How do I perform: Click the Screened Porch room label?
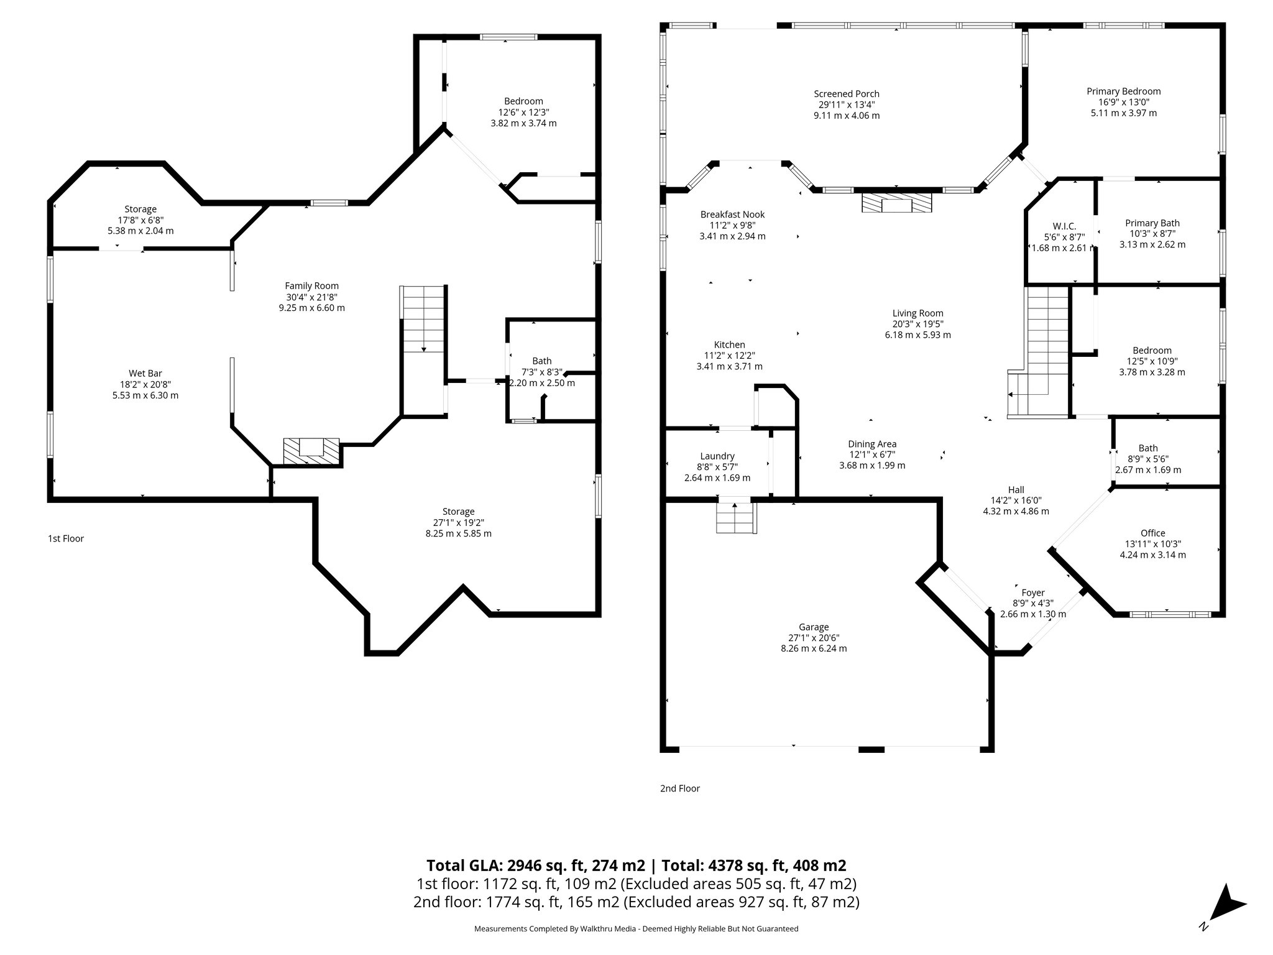(x=847, y=94)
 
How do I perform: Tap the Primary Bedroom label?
(x=1123, y=91)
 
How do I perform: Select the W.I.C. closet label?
(x=1064, y=226)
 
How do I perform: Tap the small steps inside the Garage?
(x=736, y=517)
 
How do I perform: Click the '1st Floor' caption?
(x=66, y=538)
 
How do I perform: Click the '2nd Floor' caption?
(x=680, y=788)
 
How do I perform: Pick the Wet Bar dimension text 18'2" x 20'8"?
(x=145, y=384)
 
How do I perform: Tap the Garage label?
(x=814, y=627)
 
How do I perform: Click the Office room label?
(x=1152, y=533)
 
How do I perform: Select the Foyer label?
(x=1033, y=593)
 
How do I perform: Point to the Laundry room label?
(x=717, y=456)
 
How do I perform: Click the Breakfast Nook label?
(x=732, y=215)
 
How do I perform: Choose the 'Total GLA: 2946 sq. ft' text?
(x=536, y=865)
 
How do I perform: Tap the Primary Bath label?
(x=1152, y=223)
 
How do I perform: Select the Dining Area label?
(x=872, y=444)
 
